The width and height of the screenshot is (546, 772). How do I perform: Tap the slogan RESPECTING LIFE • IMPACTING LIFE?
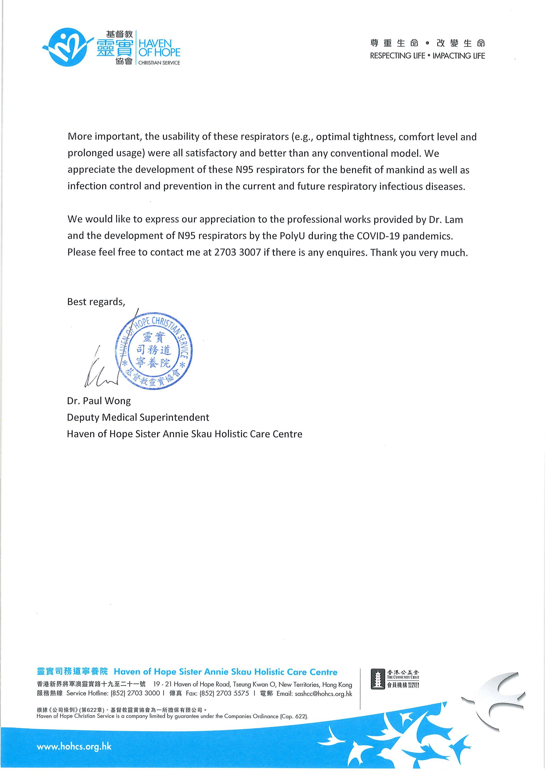point(427,56)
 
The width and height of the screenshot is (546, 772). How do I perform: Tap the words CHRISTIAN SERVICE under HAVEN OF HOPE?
point(159,63)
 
